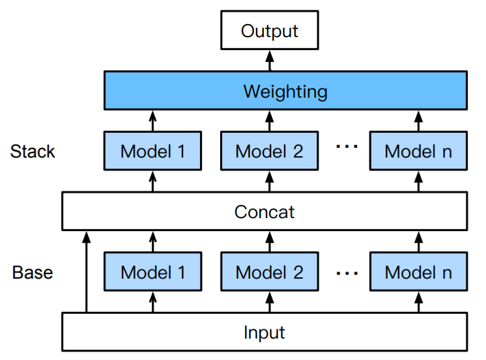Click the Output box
coord(269,31)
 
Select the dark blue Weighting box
coord(285,90)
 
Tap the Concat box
coord(264,211)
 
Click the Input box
coord(264,332)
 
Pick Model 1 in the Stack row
coord(153,151)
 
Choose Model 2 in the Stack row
coord(269,151)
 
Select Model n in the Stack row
coord(418,151)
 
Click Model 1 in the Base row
coord(153,271)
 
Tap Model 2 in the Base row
coord(269,271)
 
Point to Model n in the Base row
coord(418,271)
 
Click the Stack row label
coord(33,152)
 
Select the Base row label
coord(33,272)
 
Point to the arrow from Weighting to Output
coord(269,61)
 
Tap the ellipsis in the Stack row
coord(347,148)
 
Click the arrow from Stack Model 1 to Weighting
coord(153,120)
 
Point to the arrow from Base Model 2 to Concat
coord(269,242)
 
